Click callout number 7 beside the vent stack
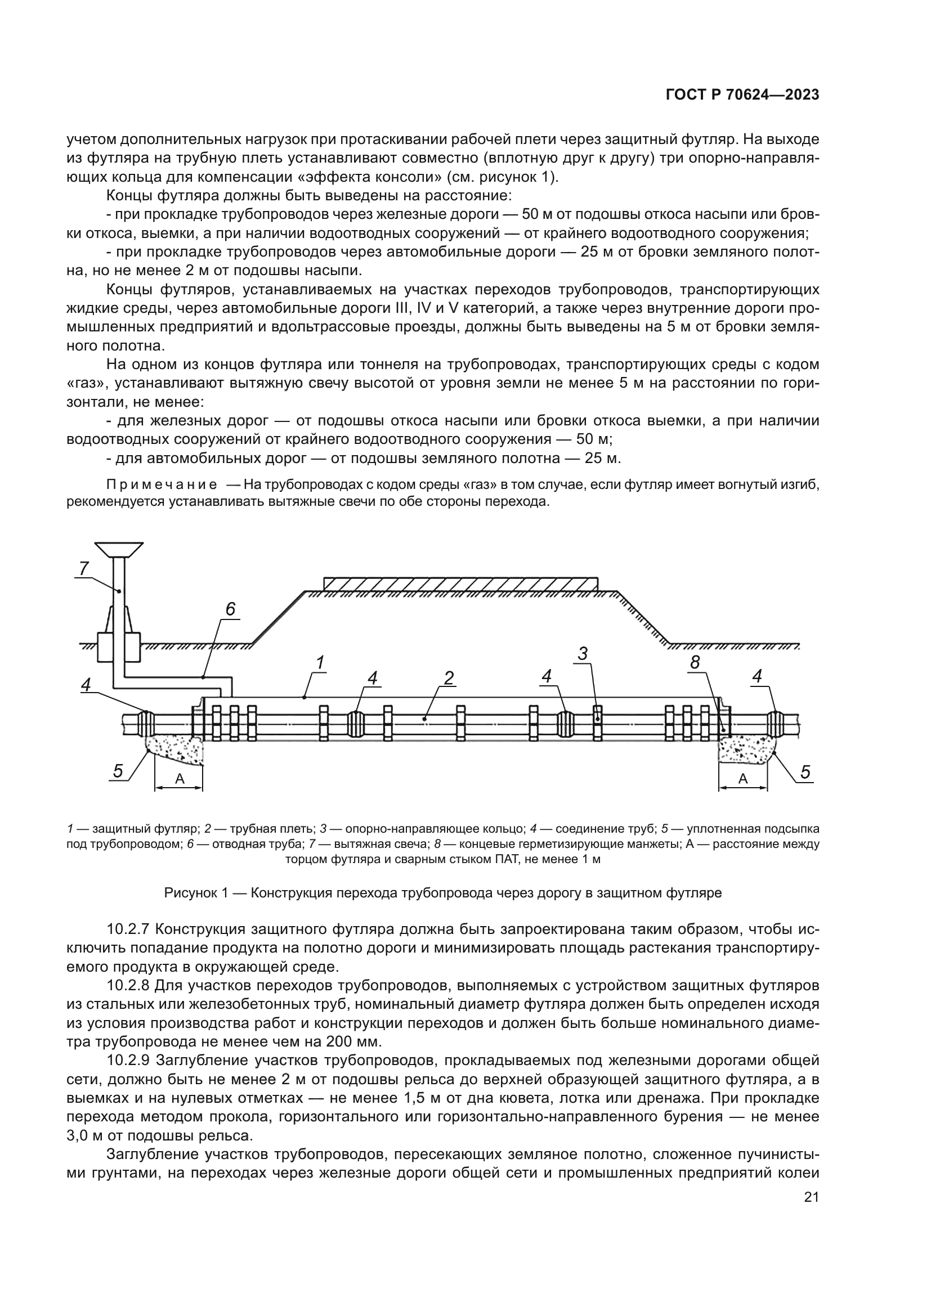(84, 568)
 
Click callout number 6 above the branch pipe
(230, 609)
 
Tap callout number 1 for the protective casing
(320, 663)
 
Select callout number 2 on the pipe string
(448, 678)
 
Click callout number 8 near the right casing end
(695, 663)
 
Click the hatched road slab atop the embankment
(460, 583)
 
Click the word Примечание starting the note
(162, 485)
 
